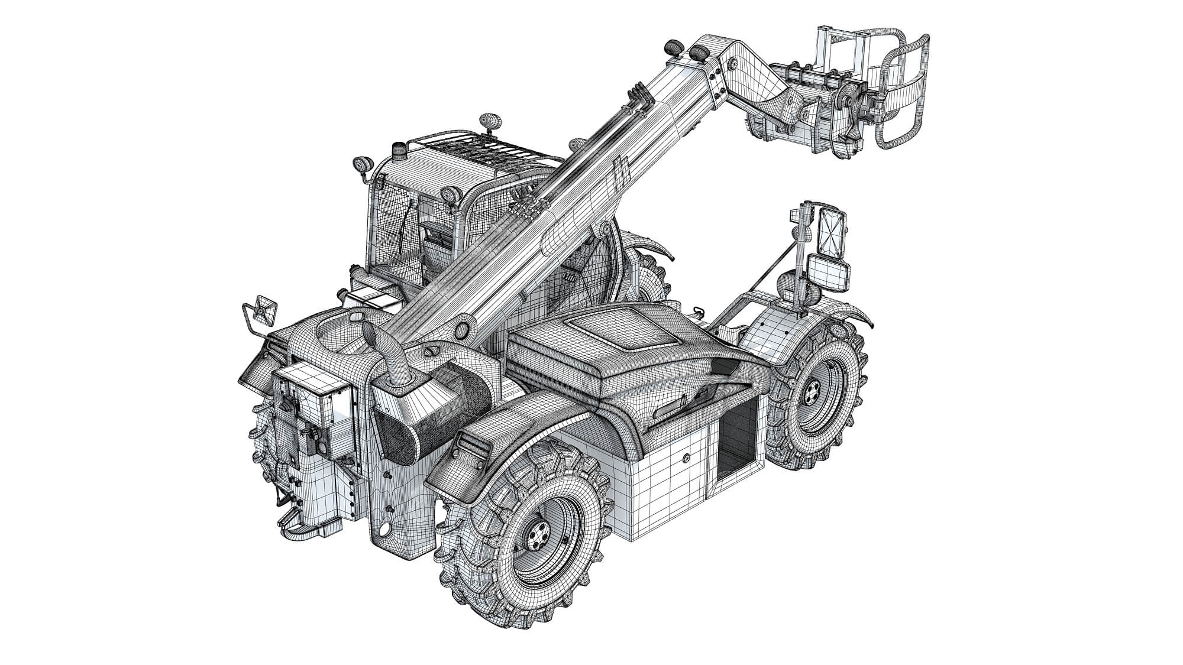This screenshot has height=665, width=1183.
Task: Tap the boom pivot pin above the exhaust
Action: point(462,329)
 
